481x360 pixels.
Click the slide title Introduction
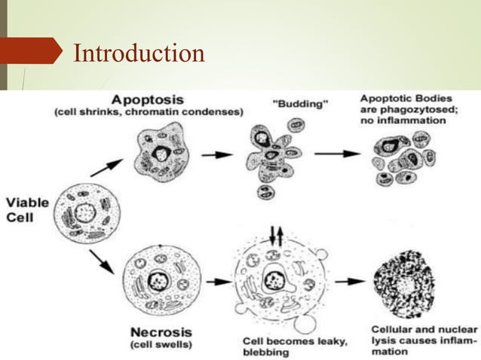click(x=139, y=53)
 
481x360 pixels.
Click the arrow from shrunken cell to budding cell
click(x=218, y=154)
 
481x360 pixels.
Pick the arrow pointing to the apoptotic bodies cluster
click(x=337, y=154)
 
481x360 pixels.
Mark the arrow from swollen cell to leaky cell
click(x=219, y=282)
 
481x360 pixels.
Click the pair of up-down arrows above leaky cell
click(x=277, y=236)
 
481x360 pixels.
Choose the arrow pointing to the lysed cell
click(x=351, y=282)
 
